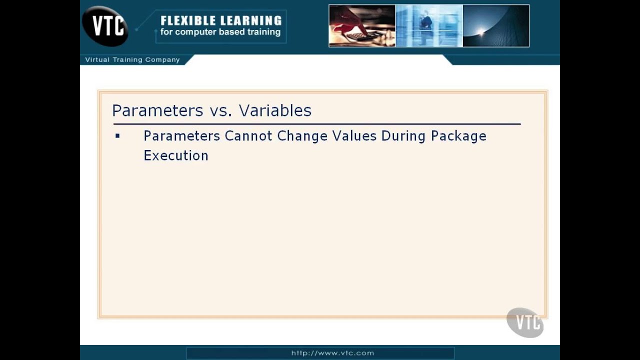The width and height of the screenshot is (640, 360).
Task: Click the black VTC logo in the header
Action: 105,26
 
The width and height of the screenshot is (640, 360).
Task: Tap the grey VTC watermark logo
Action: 525,322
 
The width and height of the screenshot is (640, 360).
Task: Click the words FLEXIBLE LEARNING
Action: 221,20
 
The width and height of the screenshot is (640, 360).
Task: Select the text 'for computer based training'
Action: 220,32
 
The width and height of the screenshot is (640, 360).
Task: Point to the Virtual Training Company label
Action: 132,59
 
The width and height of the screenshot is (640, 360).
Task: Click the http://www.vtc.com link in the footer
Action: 332,353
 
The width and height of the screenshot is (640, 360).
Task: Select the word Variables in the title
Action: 275,110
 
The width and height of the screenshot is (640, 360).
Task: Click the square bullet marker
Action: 117,136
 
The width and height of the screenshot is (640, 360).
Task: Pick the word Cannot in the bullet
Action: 248,136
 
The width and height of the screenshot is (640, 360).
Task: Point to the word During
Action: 403,136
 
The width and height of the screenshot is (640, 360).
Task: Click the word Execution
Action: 176,155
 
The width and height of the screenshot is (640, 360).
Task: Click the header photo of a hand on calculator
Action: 362,26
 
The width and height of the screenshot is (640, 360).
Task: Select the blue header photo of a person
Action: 429,26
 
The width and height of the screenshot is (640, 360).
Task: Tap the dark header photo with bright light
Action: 496,26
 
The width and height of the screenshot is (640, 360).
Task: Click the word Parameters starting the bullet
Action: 182,136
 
